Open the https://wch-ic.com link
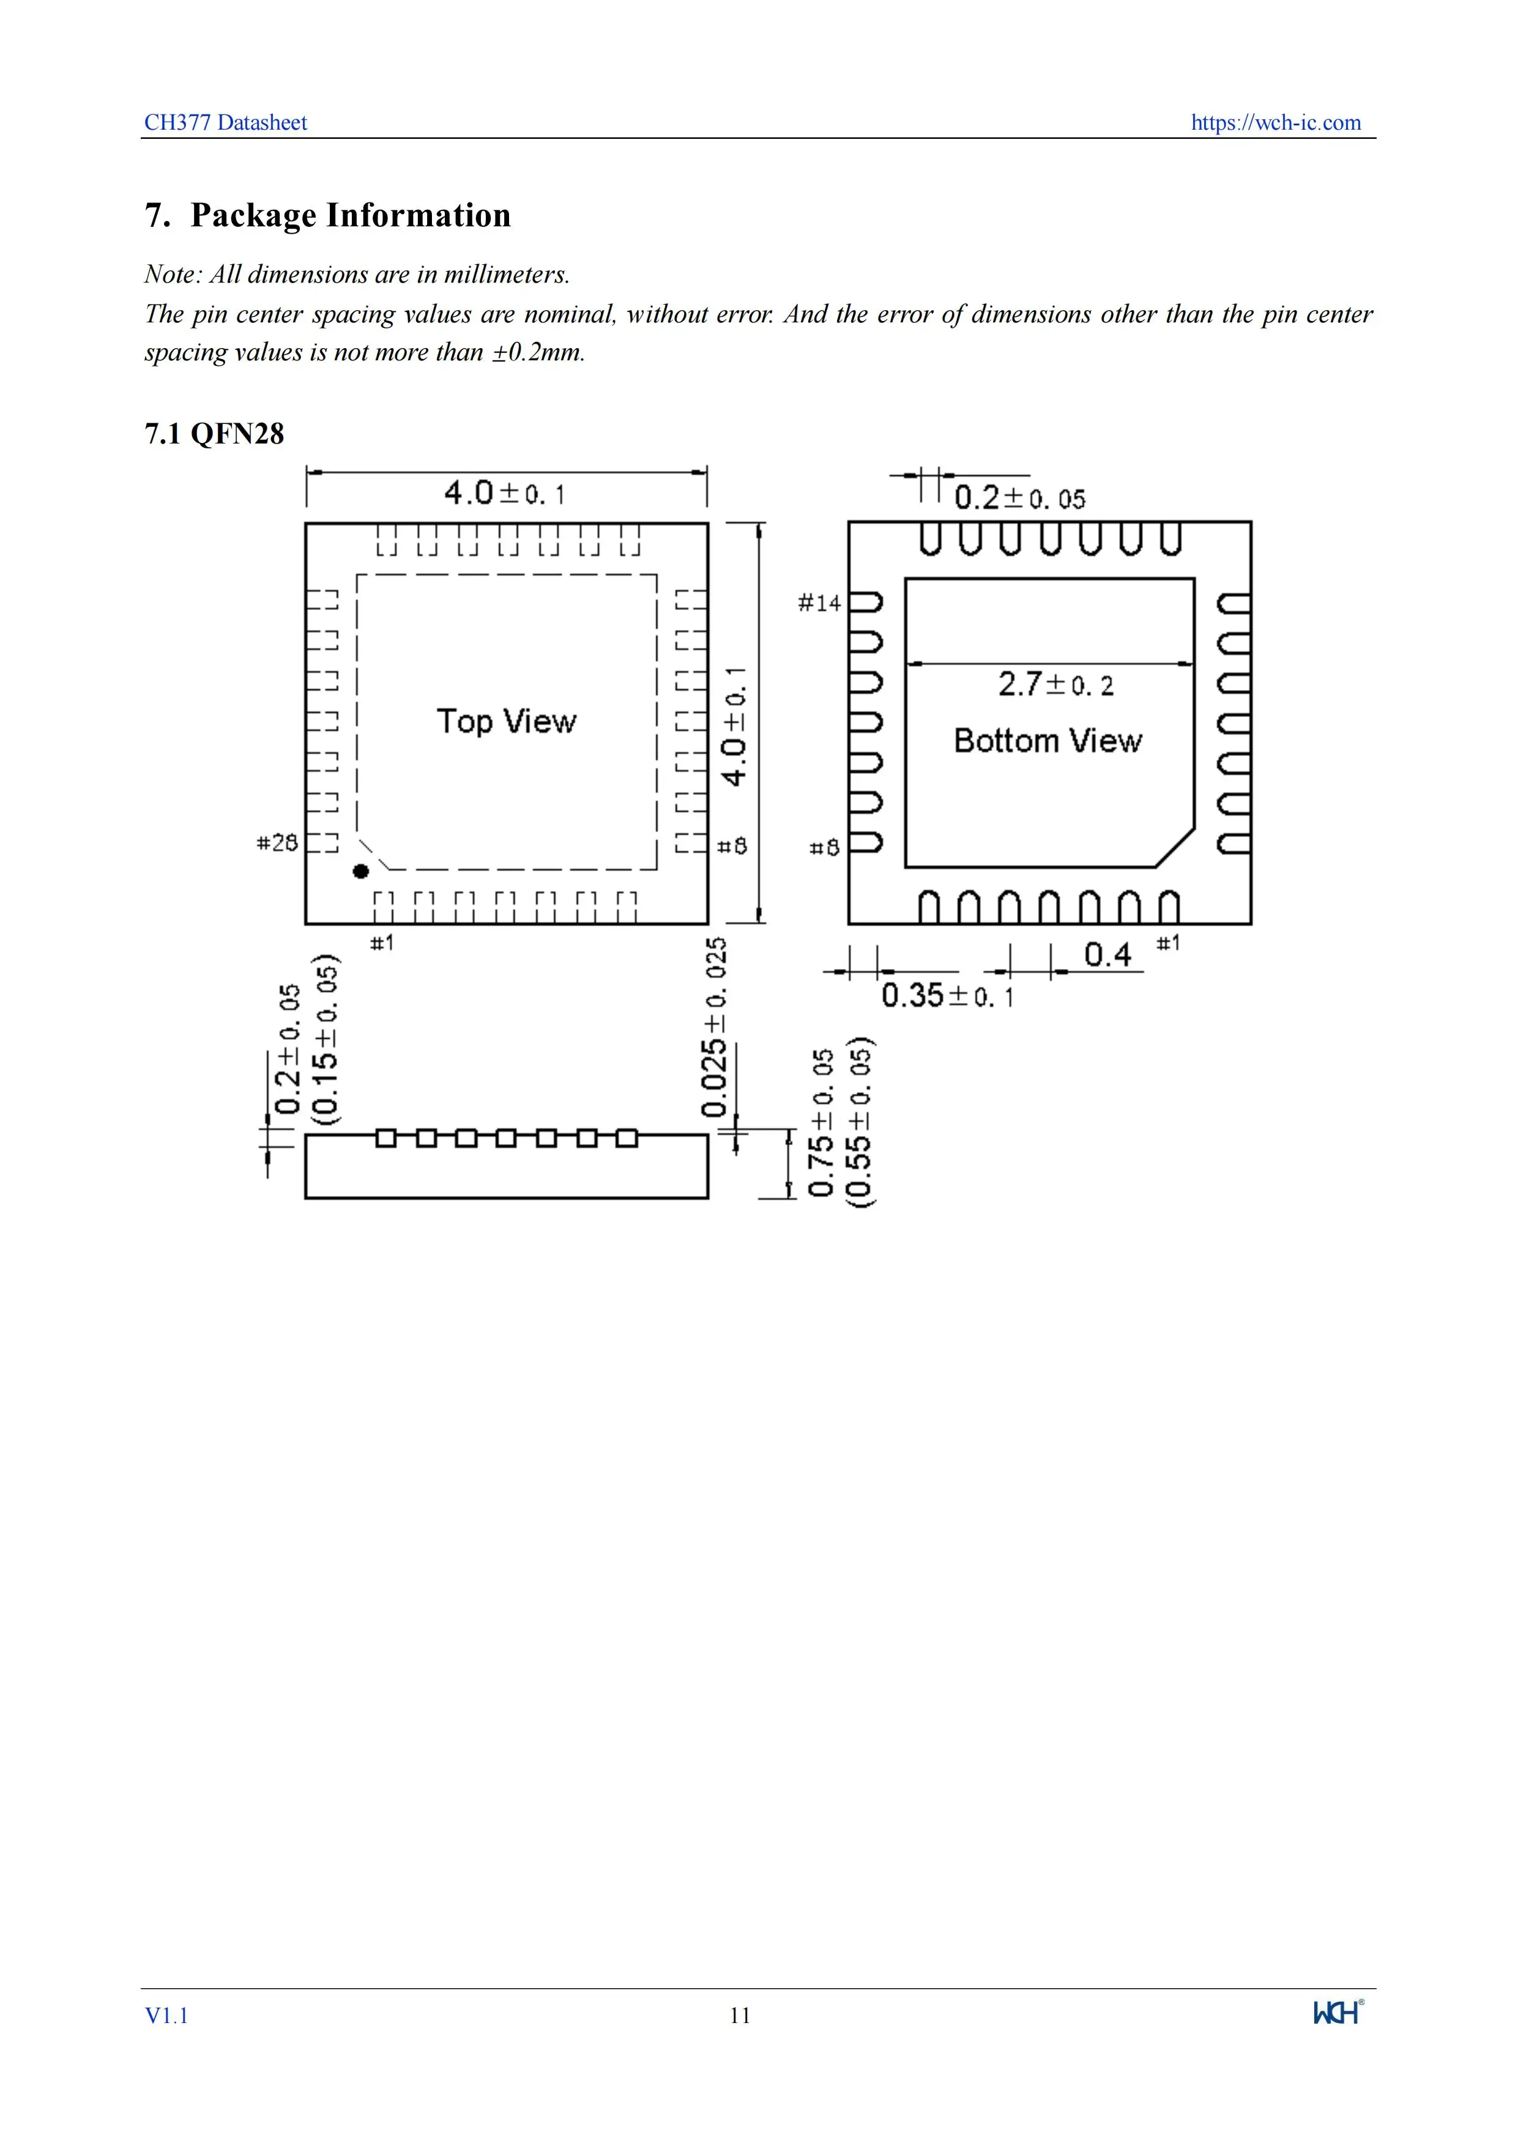(x=1275, y=122)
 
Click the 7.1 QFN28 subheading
(x=214, y=434)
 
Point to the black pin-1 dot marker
(x=361, y=871)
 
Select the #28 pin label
(x=277, y=843)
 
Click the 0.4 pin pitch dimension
(x=1107, y=954)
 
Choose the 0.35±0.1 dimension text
(x=947, y=995)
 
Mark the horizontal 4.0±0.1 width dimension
(x=505, y=492)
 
